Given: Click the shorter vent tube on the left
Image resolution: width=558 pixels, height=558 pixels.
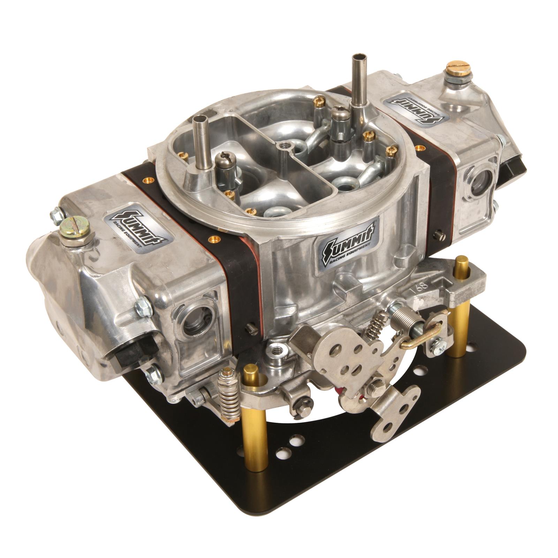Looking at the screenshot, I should (x=200, y=139).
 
